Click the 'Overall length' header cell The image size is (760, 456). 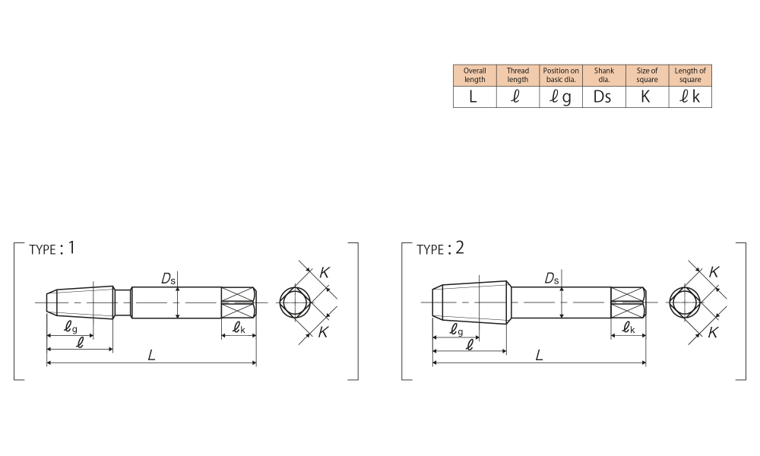(x=474, y=75)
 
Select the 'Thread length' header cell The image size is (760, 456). (x=518, y=75)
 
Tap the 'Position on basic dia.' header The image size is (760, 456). (x=561, y=75)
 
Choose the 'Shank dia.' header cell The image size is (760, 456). (x=604, y=75)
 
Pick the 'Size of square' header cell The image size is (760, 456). (x=647, y=75)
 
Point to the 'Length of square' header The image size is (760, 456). (x=690, y=75)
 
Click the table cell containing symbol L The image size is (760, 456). (x=474, y=97)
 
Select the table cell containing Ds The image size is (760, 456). (x=604, y=97)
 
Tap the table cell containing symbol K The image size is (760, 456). (x=647, y=97)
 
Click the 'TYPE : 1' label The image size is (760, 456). (x=52, y=249)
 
